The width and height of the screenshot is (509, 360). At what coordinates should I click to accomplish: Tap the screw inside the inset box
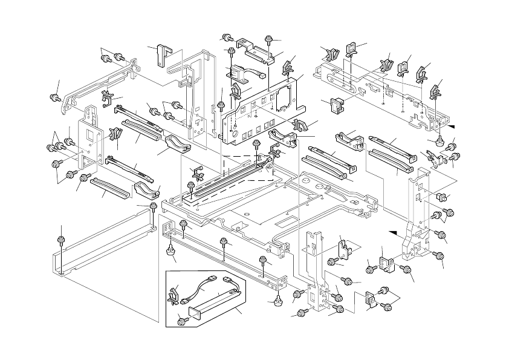click(x=180, y=320)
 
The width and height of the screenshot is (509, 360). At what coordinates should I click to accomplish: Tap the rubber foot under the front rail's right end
click(x=278, y=299)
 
